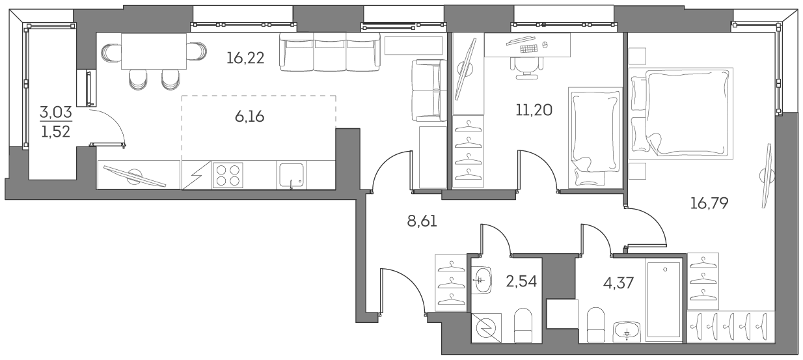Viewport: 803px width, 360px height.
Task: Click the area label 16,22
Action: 245,59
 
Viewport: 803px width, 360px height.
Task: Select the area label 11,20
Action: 534,110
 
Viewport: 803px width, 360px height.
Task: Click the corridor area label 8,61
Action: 422,221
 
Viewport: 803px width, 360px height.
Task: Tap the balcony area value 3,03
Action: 56,112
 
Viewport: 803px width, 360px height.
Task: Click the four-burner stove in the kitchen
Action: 228,176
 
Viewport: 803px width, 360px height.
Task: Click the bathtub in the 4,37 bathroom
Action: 664,298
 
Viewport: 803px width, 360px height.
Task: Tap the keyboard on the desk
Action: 528,48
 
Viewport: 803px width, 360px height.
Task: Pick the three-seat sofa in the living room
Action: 329,51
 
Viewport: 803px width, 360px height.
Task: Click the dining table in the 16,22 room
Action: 154,51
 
